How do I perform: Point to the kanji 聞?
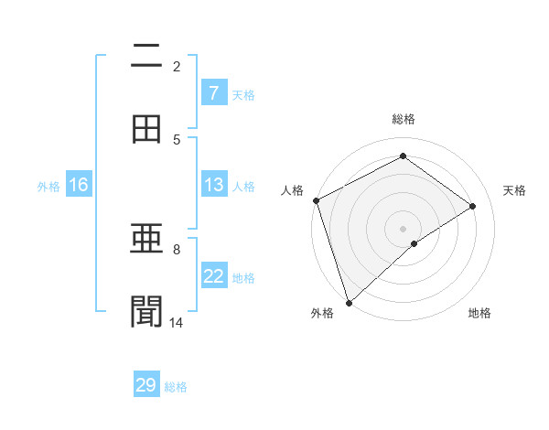tap(146, 310)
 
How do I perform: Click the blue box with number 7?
tap(213, 93)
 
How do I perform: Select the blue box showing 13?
tap(213, 185)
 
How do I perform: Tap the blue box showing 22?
tap(213, 276)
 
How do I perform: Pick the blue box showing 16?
tap(79, 185)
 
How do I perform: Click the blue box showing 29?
tap(146, 385)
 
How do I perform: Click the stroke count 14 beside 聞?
tap(177, 322)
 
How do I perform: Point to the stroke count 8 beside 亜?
tap(177, 249)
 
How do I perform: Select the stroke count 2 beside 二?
tap(177, 66)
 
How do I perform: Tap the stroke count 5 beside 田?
tap(177, 139)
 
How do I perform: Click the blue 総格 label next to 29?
tap(176, 387)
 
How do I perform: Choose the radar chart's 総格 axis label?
tap(404, 119)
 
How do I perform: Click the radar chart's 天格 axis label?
tap(515, 190)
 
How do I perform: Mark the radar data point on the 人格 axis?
tap(316, 200)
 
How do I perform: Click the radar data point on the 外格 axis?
tap(349, 302)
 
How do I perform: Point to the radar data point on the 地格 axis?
tap(414, 243)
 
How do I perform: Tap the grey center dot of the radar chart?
tap(404, 228)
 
